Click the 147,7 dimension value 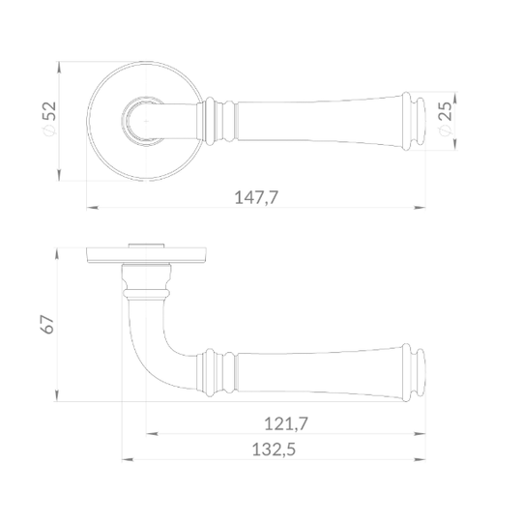(x=256, y=197)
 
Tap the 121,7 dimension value (x=286, y=423)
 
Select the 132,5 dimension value (x=274, y=449)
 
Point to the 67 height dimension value (x=47, y=324)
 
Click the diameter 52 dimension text (x=49, y=119)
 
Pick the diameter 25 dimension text (x=445, y=119)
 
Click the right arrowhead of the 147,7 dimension (x=420, y=208)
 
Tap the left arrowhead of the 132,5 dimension (x=128, y=460)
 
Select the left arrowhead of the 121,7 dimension (x=152, y=434)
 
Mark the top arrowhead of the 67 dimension (x=57, y=254)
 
